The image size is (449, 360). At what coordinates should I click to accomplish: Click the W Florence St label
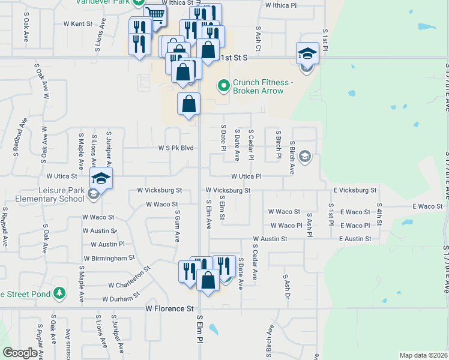pos(170,308)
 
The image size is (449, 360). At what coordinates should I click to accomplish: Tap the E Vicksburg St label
pos(355,190)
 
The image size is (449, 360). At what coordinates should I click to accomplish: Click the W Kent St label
pos(78,24)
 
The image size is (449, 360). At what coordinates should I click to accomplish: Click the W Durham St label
pos(121,298)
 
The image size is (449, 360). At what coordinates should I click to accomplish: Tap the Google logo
pos(20,353)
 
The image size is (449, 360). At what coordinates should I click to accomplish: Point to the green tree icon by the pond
pos(59,293)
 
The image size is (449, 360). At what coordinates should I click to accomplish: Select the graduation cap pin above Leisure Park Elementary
pos(101,178)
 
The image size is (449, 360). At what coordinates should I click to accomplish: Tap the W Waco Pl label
pos(286,226)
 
